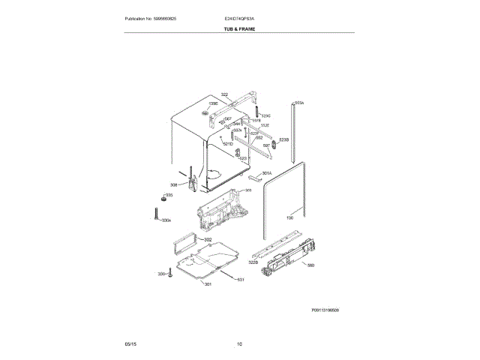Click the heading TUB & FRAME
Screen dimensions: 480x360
pos(239,28)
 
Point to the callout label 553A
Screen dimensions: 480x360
pos(298,103)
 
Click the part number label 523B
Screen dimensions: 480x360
pos(283,140)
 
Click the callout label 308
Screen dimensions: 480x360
pos(173,185)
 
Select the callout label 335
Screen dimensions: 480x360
pos(169,196)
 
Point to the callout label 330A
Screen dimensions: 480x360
pos(166,220)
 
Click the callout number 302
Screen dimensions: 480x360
pos(208,239)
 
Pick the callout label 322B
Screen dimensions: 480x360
pos(253,262)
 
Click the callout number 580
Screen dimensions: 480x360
pos(310,265)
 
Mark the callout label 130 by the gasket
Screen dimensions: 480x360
pos(289,219)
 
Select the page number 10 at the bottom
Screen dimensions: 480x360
pos(239,344)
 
